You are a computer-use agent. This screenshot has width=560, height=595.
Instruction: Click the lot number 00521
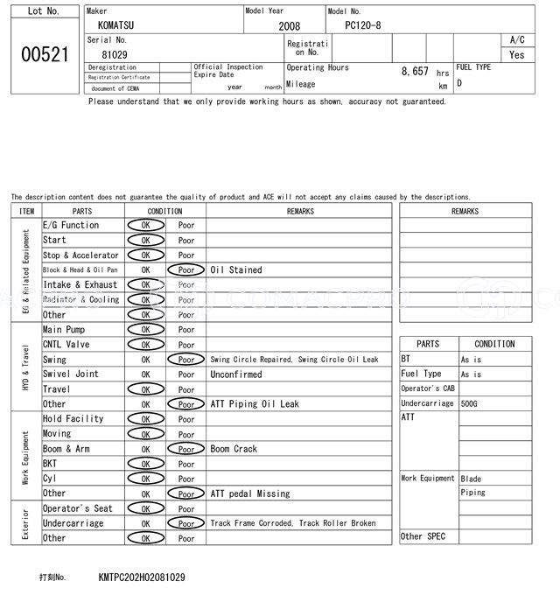click(44, 54)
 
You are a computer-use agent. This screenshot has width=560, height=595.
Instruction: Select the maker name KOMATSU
click(116, 25)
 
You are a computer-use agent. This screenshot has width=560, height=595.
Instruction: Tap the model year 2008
click(289, 26)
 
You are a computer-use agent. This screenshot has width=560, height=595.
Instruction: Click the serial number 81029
click(115, 54)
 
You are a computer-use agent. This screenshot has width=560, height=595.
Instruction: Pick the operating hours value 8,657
click(414, 71)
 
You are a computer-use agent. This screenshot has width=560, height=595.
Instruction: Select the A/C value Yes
click(517, 54)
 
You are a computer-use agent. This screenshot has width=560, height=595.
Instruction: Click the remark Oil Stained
click(235, 270)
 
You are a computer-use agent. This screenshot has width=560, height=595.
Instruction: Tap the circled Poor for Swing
click(186, 360)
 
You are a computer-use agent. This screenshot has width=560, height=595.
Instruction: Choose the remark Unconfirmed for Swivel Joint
click(235, 374)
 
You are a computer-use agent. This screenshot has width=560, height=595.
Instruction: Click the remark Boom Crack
click(234, 449)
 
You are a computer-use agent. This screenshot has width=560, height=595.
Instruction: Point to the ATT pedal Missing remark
click(249, 493)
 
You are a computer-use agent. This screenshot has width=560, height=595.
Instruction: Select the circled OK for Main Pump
click(145, 330)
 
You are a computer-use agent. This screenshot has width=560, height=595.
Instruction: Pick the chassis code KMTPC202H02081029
click(142, 577)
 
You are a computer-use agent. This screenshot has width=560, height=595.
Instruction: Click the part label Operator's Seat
click(78, 508)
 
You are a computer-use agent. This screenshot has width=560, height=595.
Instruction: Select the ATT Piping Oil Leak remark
click(255, 404)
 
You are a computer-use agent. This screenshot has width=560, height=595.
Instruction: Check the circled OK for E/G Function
click(145, 226)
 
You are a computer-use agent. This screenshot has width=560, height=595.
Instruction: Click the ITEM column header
click(26, 211)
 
